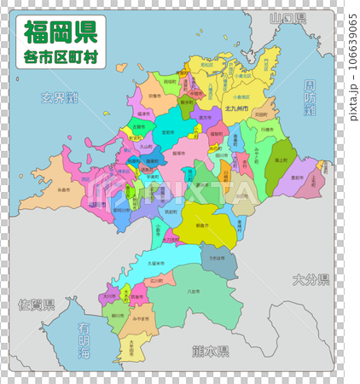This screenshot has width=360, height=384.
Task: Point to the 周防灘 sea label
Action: (310, 98)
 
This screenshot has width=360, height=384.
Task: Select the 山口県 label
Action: (287, 18)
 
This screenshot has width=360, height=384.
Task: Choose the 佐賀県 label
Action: (37, 305)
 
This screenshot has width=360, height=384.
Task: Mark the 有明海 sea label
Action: (84, 340)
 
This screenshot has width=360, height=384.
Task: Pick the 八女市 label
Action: (191, 291)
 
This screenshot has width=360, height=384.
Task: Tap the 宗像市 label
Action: (153, 96)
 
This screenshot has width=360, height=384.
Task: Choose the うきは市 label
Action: (218, 259)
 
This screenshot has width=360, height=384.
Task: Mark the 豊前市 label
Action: (298, 177)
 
